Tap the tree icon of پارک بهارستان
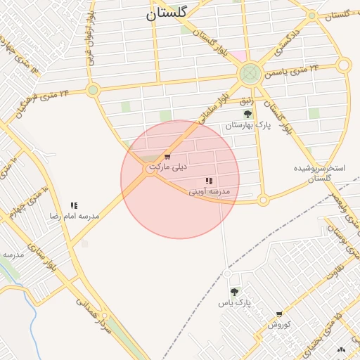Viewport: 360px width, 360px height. pos(247,114)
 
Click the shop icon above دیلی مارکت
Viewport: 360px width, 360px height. pos(167,157)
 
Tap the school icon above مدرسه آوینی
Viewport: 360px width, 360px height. pos(209,181)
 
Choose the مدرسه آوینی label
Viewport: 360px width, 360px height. pos(210,191)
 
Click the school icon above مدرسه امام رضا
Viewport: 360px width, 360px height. pos(74,206)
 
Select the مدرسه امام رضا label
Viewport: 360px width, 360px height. pos(74,217)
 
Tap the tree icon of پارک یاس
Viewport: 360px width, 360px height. pos(234,292)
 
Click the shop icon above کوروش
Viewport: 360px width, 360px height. pos(279,314)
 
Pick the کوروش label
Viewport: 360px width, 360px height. pos(279,325)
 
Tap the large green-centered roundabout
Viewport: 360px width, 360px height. pos(250,73)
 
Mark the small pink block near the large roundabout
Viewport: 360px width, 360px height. pos(239,56)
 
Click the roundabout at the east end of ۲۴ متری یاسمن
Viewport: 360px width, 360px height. pos(343,65)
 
